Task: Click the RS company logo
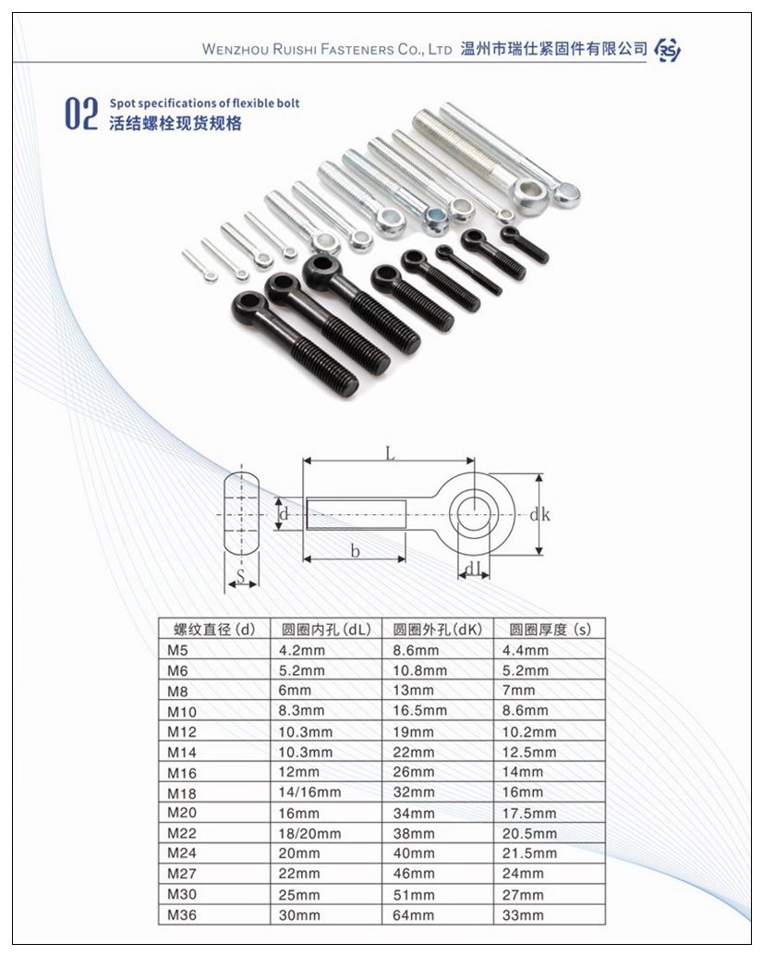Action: coord(668,50)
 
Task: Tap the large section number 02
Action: coord(81,114)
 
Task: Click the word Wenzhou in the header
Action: coord(235,49)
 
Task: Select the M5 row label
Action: coord(177,650)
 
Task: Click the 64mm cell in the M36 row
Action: coord(414,915)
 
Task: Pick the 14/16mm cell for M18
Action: coord(310,792)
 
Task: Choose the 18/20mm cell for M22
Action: coord(310,833)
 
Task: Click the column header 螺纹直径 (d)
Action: coord(214,630)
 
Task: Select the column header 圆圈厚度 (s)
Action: coord(550,630)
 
